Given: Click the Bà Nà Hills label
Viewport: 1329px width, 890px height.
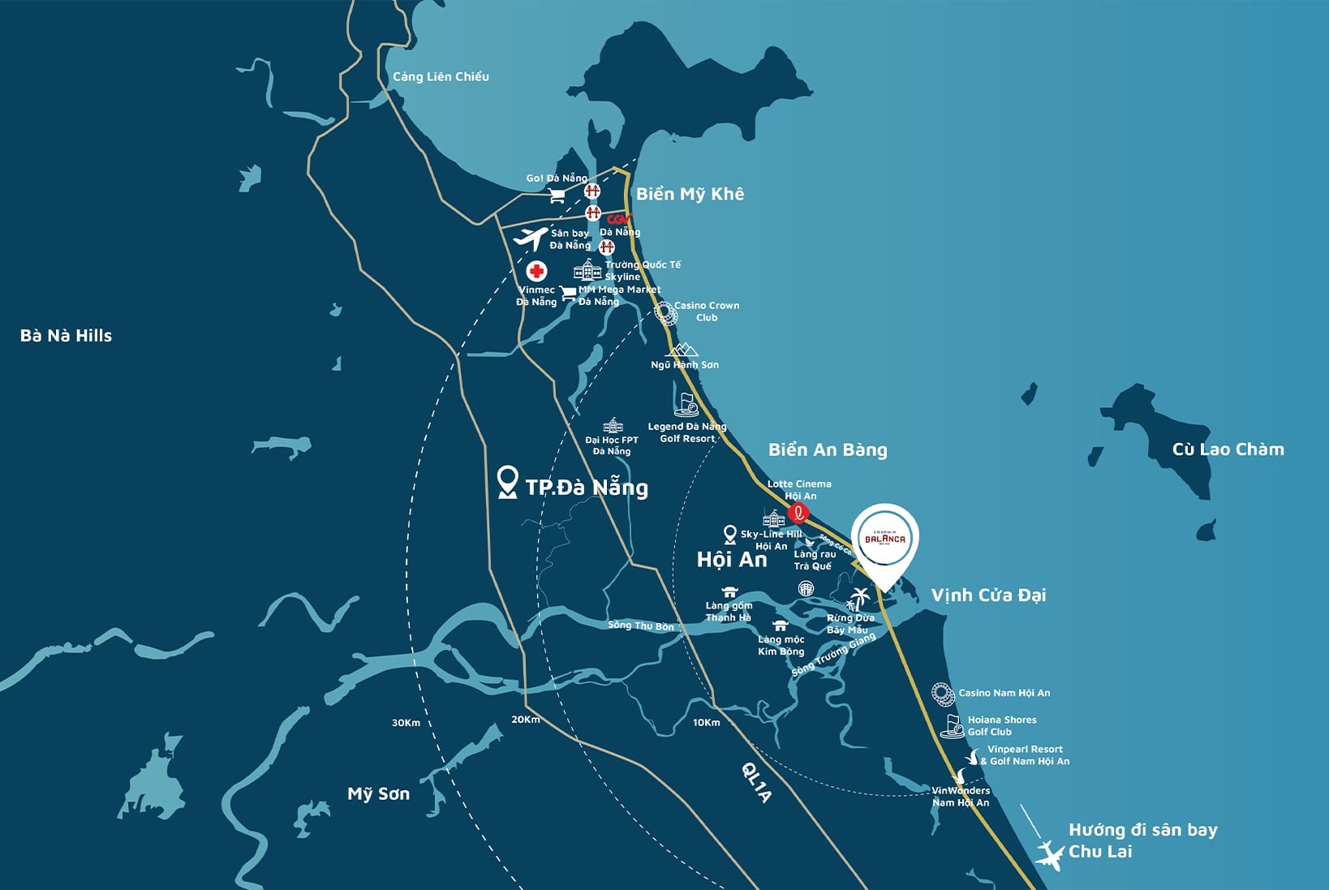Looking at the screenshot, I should pos(66,336).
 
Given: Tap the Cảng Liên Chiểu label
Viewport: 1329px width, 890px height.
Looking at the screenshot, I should pos(441,77).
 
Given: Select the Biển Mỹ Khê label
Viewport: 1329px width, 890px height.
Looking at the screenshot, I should pos(690,194).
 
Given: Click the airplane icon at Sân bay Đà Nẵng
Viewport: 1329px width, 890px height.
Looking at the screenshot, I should pos(531,239).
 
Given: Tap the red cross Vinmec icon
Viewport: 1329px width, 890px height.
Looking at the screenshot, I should pos(536,271).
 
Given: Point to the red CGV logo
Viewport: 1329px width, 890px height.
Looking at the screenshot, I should pos(618,219).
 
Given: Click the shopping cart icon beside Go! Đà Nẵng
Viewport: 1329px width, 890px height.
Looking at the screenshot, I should pos(557,196).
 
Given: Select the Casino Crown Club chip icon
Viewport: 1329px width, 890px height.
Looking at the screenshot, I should pos(665,312).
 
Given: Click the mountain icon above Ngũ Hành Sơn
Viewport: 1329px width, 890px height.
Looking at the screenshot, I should pos(682,350).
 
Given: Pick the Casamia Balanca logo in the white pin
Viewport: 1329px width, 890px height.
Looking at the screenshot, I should pos(884,538).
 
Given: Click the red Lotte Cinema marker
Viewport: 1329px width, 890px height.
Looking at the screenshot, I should pos(798,512).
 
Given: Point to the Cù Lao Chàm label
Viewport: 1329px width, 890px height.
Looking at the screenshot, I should pos(1228,449).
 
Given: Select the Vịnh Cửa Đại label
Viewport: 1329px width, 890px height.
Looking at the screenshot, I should pos(988,595).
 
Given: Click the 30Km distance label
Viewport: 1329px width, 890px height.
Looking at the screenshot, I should pos(406,723).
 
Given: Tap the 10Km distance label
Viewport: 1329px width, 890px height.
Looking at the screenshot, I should pos(706,723).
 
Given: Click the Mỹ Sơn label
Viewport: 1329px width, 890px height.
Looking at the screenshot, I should pos(378,794).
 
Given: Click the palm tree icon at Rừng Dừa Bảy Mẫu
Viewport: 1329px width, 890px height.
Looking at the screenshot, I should pos(858,599).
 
